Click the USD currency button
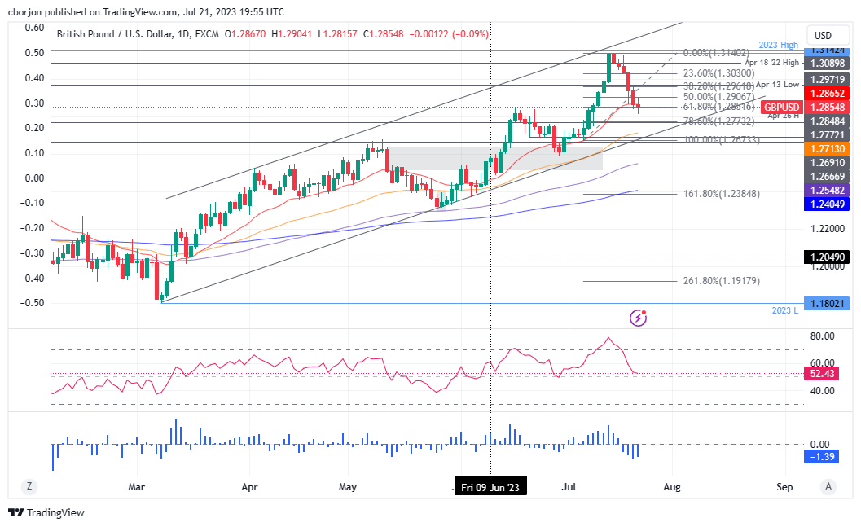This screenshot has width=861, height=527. pyautogui.click(x=823, y=35)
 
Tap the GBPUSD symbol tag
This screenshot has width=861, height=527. pyautogui.click(x=780, y=108)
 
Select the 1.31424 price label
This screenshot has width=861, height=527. pyautogui.click(x=827, y=51)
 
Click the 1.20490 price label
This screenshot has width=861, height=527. pyautogui.click(x=827, y=257)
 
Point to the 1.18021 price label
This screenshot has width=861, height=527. pyautogui.click(x=827, y=303)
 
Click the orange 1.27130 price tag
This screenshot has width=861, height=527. pyautogui.click(x=827, y=149)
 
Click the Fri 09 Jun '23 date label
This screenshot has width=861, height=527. pyautogui.click(x=490, y=487)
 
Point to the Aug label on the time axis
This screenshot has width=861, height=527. pyautogui.click(x=671, y=487)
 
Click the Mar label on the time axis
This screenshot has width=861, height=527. pyautogui.click(x=136, y=487)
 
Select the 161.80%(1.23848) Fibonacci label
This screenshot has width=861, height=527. pyautogui.click(x=709, y=195)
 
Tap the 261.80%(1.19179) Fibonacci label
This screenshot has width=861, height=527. pyautogui.click(x=709, y=281)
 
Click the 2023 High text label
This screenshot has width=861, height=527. pyautogui.click(x=781, y=46)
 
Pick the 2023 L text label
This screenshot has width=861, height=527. pyautogui.click(x=785, y=310)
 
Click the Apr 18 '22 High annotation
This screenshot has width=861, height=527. pyautogui.click(x=771, y=62)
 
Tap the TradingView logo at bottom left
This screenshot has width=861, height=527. pyautogui.click(x=46, y=512)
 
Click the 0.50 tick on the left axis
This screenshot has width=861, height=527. pyautogui.click(x=33, y=53)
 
